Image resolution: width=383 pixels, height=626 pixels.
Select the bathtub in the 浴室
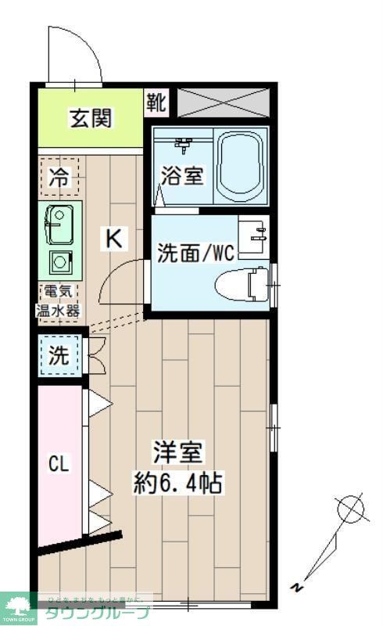coord(241,167)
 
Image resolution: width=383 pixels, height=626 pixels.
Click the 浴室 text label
coord(183,174)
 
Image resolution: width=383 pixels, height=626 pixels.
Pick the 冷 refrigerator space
coord(59,176)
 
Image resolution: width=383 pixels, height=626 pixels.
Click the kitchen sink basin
coord(58,224)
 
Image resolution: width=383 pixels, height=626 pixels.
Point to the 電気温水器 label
coord(59,301)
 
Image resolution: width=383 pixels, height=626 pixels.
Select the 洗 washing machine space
coord(59,356)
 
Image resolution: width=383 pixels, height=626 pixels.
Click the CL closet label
coord(59,463)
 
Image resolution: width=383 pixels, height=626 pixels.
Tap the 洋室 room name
coord(179,453)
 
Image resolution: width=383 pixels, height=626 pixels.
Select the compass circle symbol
coord(351,510)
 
